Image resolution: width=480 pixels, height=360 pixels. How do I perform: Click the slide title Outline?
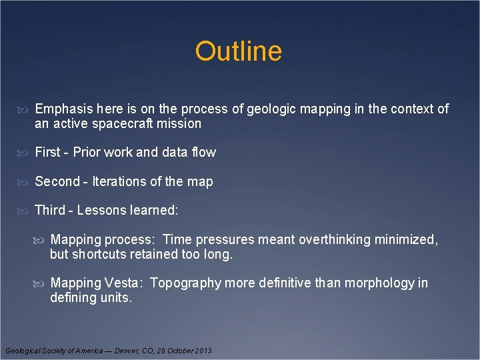(239, 51)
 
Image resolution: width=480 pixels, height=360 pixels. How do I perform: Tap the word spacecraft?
(132, 123)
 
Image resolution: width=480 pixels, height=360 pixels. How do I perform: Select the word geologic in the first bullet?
(269, 109)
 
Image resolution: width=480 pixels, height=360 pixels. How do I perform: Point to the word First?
(47, 152)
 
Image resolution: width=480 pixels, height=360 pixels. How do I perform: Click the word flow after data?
(203, 152)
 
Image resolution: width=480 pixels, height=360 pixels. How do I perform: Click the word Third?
(49, 210)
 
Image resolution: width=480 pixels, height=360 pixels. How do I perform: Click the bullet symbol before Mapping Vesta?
(42, 283)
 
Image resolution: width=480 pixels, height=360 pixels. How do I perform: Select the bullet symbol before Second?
(26, 182)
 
